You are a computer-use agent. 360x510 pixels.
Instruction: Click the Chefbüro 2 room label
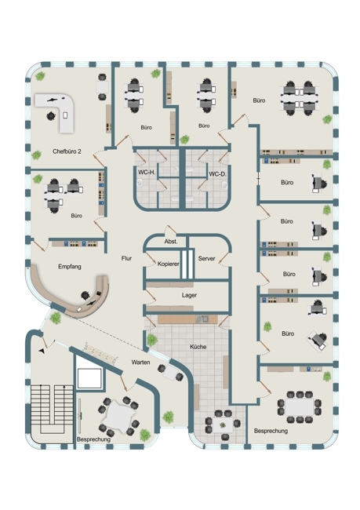tap(67, 151)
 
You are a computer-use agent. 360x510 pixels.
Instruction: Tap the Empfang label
tap(70, 267)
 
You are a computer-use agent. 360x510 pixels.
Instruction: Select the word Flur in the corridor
tap(126, 259)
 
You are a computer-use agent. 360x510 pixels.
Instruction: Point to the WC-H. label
tap(147, 173)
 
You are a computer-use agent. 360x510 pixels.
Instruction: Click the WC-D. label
tap(217, 174)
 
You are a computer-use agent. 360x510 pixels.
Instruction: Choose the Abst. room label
tap(171, 242)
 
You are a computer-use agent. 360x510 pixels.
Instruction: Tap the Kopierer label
tap(168, 264)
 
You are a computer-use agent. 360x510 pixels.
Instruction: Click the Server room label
tap(206, 259)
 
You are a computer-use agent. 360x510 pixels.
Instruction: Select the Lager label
tap(189, 295)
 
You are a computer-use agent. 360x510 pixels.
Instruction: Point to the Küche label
tap(198, 347)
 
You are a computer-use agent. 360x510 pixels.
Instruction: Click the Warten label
tap(140, 362)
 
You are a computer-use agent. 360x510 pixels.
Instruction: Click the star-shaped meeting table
tap(119, 417)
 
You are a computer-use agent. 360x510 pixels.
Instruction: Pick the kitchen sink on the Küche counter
tap(202, 319)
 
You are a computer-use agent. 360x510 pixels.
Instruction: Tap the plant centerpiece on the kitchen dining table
tap(223, 424)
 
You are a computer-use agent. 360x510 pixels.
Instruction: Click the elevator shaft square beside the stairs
tap(89, 379)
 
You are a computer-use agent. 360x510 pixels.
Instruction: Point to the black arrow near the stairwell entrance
tap(42, 351)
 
